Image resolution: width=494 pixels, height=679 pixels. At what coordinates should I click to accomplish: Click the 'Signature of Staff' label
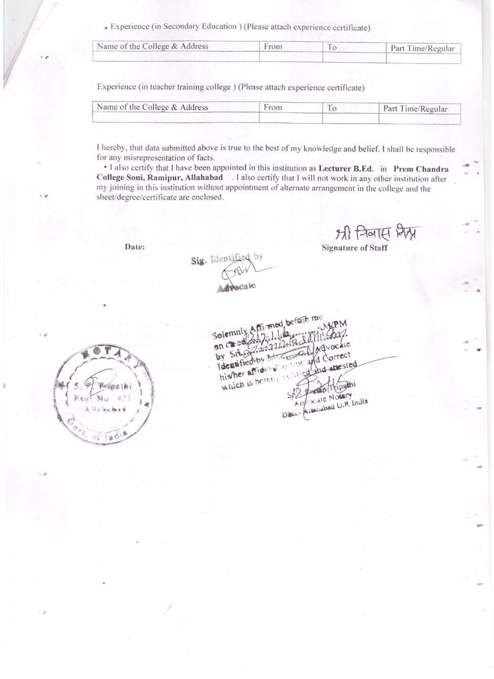pyautogui.click(x=354, y=248)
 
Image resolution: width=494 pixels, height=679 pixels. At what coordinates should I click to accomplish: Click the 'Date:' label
pyautogui.click(x=135, y=247)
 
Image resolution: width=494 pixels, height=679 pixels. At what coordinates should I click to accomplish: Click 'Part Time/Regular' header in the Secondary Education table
pyautogui.click(x=422, y=48)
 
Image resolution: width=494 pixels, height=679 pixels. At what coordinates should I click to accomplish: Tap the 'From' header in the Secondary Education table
pyautogui.click(x=273, y=47)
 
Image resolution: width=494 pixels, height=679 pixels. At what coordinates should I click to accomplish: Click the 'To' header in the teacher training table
pyautogui.click(x=332, y=108)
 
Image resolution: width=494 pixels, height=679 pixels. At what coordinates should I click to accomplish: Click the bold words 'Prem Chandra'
pyautogui.click(x=421, y=169)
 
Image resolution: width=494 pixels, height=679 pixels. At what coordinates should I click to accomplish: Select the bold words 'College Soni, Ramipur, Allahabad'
pyautogui.click(x=160, y=178)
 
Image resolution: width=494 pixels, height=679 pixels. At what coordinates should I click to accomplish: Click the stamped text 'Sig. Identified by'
pyautogui.click(x=227, y=258)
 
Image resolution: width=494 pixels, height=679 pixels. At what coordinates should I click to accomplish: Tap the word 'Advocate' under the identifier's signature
pyautogui.click(x=237, y=287)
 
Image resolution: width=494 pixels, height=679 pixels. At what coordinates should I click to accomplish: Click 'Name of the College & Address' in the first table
pyautogui.click(x=153, y=46)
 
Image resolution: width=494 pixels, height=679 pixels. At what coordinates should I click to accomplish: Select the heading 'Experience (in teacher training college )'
pyautogui.click(x=164, y=87)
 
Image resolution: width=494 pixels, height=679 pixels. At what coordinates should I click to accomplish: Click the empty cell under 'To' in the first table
pyautogui.click(x=354, y=58)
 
